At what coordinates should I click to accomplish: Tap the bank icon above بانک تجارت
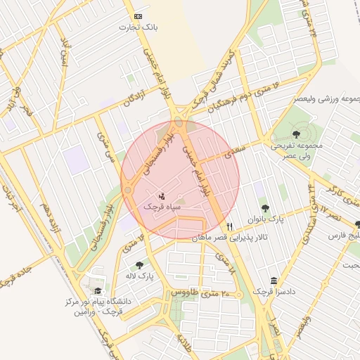(x=137, y=16)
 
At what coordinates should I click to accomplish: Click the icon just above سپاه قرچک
(x=162, y=195)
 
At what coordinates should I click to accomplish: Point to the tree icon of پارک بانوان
(x=264, y=208)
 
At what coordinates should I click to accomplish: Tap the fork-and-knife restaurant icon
(x=230, y=226)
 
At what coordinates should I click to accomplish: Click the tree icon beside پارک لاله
(x=139, y=265)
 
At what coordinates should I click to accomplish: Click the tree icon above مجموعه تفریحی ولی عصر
(x=295, y=134)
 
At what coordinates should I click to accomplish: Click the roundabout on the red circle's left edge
(x=128, y=190)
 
